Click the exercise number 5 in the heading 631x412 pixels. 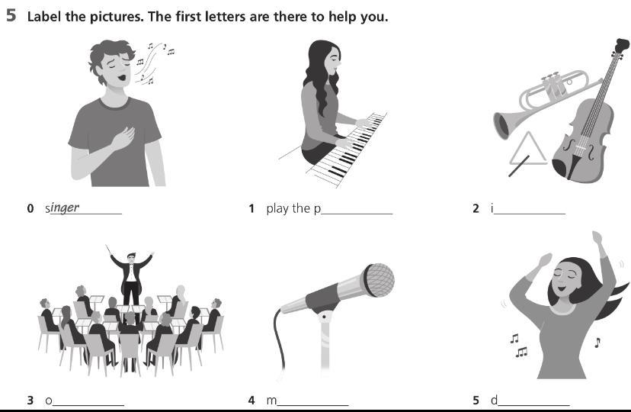(11, 15)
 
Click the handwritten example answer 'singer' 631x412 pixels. (62, 208)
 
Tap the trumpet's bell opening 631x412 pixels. (501, 126)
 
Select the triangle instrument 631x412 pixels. (527, 149)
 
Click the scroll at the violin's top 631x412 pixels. (622, 45)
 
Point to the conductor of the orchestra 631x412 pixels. (131, 278)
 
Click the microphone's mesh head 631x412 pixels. (378, 280)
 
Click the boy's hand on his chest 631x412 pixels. (123, 138)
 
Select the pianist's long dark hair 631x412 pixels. (318, 76)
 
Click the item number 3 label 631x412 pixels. (30, 401)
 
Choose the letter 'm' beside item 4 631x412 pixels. (271, 401)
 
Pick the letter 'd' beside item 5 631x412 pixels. (494, 400)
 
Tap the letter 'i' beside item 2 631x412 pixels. (492, 208)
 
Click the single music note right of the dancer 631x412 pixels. (597, 343)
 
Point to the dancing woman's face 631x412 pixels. (565, 278)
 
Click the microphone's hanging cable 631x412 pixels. (279, 338)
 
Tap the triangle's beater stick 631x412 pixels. (519, 166)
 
